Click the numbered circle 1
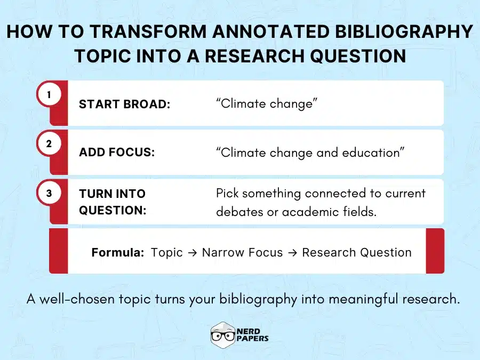(x=49, y=95)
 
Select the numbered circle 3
(x=49, y=194)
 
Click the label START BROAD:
(x=124, y=104)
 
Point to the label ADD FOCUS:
(x=117, y=152)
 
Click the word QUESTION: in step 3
(x=113, y=210)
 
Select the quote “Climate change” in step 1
(x=267, y=103)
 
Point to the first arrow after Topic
(x=192, y=252)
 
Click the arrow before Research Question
(x=292, y=252)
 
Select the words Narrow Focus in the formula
(x=242, y=252)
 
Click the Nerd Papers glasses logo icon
(x=223, y=334)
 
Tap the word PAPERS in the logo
(x=254, y=339)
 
